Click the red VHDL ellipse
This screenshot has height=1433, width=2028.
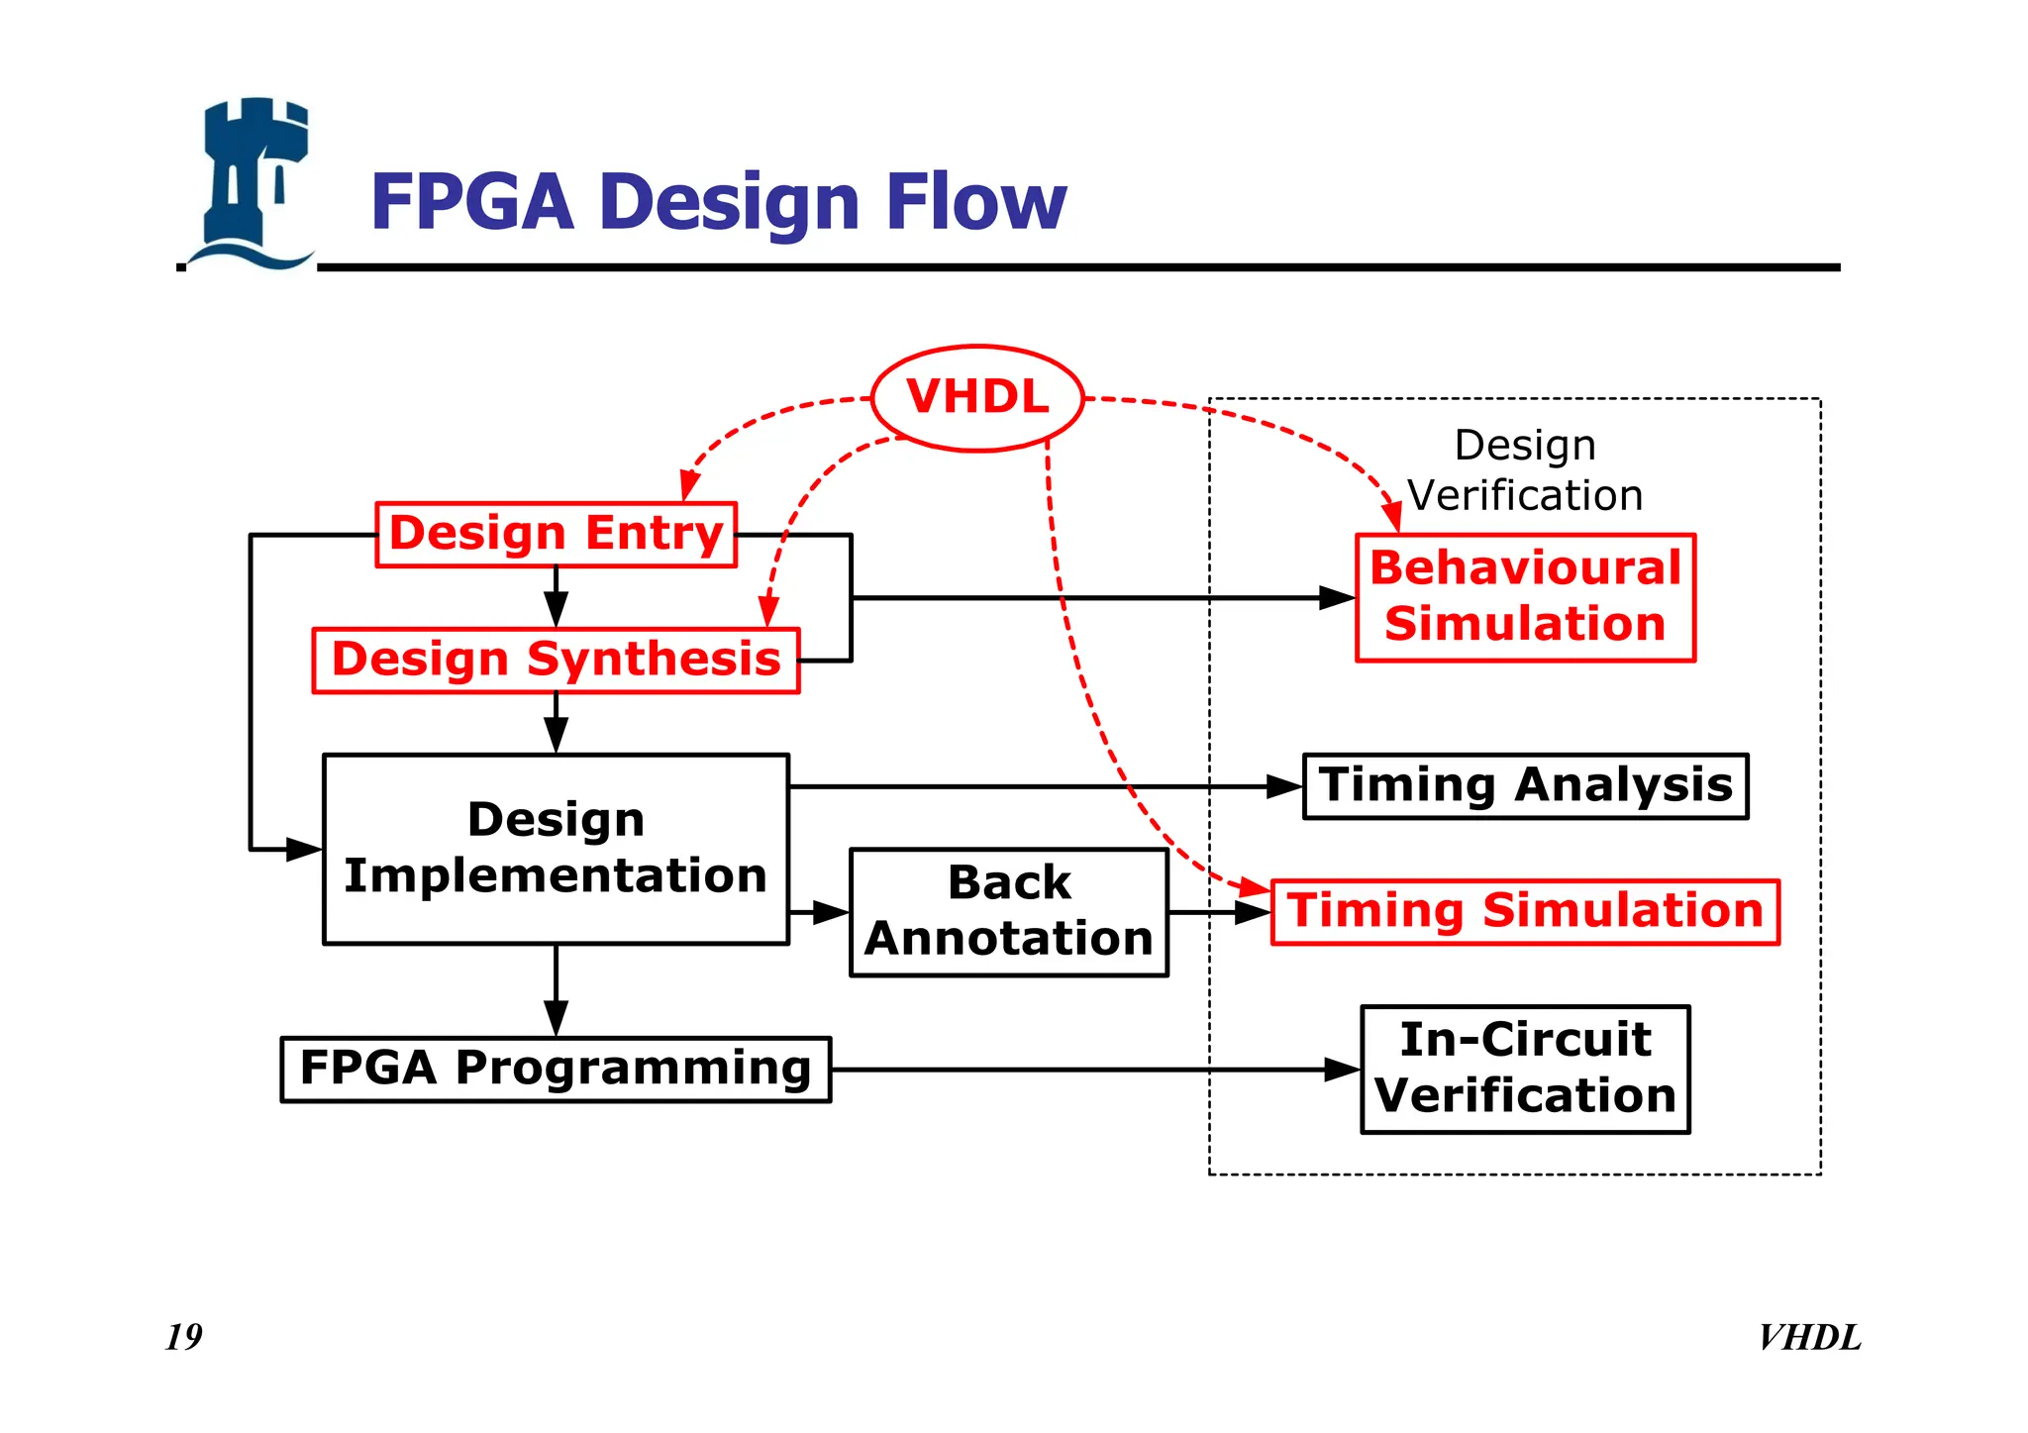pos(977,398)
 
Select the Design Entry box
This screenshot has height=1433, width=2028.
pos(556,535)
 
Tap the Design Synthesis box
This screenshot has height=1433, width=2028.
pos(556,661)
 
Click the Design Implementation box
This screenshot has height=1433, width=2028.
pos(556,849)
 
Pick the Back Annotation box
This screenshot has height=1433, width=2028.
pos(1008,912)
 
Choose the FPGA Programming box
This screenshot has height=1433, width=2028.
pos(556,1070)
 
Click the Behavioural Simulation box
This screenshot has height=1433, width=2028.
pos(1525,597)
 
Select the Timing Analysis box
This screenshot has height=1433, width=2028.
pos(1525,786)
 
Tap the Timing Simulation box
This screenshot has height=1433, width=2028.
pos(1525,912)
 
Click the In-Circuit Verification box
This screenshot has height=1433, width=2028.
pos(1525,1070)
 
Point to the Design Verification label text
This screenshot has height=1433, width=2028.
pos(1525,470)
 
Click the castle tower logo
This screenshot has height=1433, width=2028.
pos(253,183)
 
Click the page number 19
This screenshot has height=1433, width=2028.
pos(183,1337)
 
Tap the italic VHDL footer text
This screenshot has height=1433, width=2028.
pos(1809,1338)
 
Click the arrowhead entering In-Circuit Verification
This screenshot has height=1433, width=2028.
pos(1344,1070)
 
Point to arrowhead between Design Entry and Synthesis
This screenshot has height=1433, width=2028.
pos(556,609)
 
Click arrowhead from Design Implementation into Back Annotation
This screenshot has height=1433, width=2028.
pos(832,912)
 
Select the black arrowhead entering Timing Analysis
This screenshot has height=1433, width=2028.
pos(1285,786)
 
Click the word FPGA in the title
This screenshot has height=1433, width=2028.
pos(472,203)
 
